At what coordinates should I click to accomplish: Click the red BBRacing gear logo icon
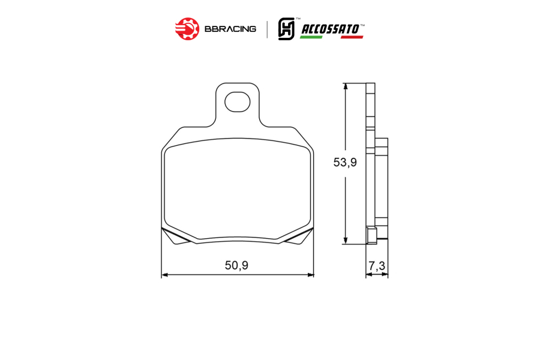coord(187,29)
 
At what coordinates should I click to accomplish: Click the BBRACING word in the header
coord(230,29)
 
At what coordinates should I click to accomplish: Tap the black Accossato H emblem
coord(286,29)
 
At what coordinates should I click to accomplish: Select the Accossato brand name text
coord(330,29)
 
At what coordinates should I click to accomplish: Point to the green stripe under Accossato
coord(311,37)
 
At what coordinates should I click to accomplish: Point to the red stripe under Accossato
coord(352,37)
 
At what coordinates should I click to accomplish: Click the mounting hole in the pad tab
coord(237,101)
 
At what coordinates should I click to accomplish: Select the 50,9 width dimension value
coord(236,265)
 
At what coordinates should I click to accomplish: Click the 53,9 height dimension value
coord(345,162)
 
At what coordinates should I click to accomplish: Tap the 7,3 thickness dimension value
coord(377,266)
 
